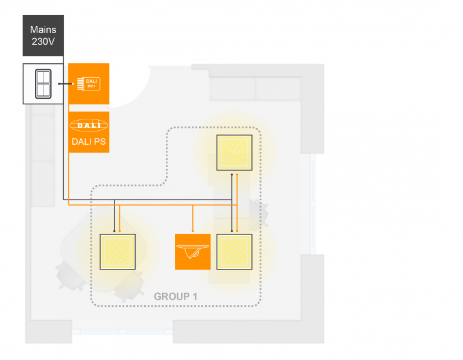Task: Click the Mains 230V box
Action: click(43, 36)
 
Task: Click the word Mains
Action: click(43, 30)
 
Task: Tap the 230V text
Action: click(43, 42)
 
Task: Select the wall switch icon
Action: click(43, 84)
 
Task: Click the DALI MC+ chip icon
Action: click(89, 84)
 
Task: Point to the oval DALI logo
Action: click(89, 125)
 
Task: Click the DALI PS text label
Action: click(89, 142)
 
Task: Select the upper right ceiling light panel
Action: click(234, 153)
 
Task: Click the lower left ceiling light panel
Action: click(118, 251)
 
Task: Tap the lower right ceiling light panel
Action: click(234, 251)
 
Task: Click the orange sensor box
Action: click(192, 251)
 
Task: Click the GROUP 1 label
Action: click(175, 296)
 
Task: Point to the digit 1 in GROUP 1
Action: click(195, 296)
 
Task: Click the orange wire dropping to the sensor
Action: click(193, 218)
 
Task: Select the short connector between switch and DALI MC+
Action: click(66, 84)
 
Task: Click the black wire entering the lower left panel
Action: click(115, 216)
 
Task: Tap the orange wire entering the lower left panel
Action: click(119, 218)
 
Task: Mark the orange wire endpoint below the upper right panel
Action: click(237, 174)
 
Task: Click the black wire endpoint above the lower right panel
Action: click(231, 231)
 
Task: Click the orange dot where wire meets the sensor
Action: click(193, 231)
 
